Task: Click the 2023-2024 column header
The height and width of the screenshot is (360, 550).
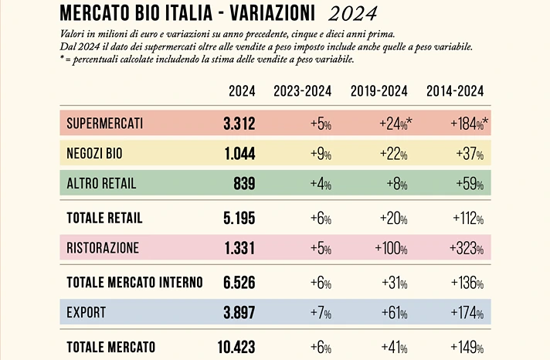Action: (x=302, y=91)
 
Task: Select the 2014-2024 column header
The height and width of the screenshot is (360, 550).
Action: (x=455, y=91)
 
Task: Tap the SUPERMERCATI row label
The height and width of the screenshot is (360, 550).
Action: (x=104, y=124)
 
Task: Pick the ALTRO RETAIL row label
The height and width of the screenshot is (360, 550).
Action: (x=101, y=184)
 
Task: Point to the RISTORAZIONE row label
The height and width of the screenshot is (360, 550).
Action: (x=103, y=248)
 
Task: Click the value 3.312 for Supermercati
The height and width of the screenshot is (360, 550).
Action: (x=239, y=124)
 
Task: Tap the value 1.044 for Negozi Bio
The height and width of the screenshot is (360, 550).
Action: (x=239, y=154)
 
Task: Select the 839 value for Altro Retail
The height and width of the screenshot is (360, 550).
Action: (x=244, y=184)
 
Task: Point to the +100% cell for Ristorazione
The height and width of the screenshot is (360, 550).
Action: (x=390, y=248)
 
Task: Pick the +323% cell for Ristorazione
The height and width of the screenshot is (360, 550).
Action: (x=468, y=248)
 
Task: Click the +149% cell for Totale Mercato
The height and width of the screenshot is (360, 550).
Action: (x=468, y=347)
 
